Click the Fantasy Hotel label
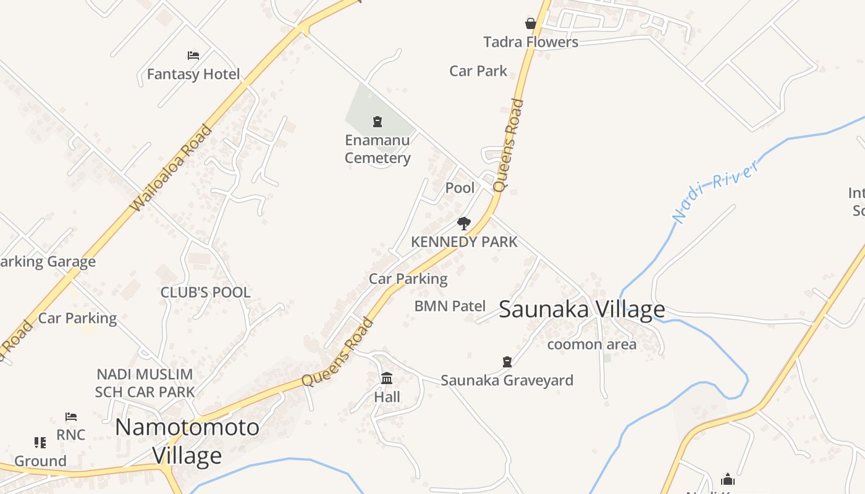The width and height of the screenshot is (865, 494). coord(193,75)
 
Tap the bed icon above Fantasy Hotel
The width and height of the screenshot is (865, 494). coord(193,56)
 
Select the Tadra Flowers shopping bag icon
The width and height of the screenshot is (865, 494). coord(531,23)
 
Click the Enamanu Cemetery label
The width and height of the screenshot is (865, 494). coord(378,149)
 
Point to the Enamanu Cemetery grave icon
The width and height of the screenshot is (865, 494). coord(378,122)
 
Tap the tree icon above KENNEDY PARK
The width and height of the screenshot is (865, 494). coord(463,224)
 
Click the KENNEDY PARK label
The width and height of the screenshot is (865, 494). coord(464,242)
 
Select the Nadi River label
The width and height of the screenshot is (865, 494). coord(715,191)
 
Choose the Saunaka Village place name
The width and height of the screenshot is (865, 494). coord(581,309)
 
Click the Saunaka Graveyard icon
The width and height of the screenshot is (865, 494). coord(507,361)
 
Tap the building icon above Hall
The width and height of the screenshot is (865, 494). coord(387,378)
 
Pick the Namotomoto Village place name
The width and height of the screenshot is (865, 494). coord(187,441)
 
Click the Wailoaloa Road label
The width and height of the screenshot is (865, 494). coord(171,168)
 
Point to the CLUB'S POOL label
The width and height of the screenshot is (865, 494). coord(205,293)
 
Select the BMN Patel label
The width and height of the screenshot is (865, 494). coord(449,306)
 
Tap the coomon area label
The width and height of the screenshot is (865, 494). coord(591,345)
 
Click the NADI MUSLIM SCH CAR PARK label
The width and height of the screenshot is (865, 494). coord(145,383)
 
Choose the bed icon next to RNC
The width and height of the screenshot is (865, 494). coord(71,417)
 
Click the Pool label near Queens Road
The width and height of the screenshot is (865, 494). coord(460,188)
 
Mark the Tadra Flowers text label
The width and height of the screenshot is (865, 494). coord(531,42)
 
